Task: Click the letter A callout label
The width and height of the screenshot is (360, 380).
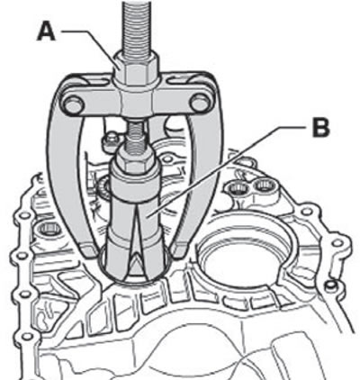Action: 46,32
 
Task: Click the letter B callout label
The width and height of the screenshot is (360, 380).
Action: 320,128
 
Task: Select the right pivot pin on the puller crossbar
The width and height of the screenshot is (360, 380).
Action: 201,103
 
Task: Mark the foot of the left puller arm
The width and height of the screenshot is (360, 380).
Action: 89,249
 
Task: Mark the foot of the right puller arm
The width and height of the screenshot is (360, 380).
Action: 179,250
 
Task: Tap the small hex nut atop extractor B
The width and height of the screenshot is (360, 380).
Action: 136,157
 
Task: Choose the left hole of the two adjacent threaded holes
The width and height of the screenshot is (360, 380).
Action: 237,188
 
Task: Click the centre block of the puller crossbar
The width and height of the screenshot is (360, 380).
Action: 137,102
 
